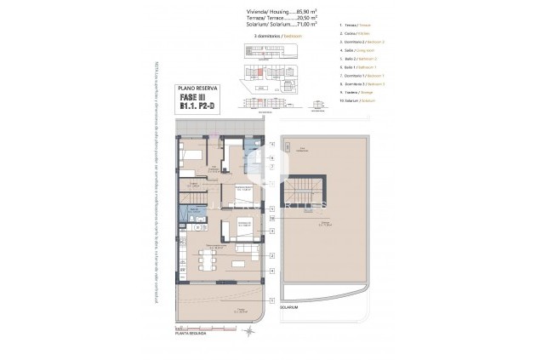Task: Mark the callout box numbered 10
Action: click(x=271, y=218)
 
